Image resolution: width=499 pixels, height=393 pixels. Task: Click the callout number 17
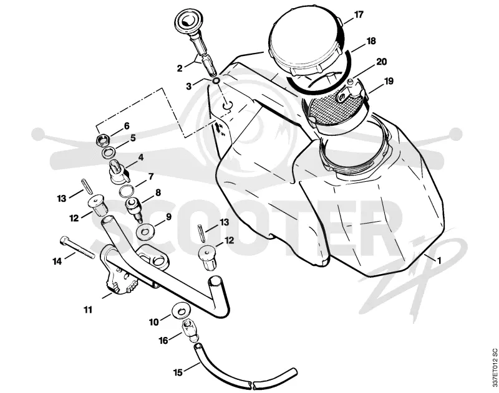coord(359,14)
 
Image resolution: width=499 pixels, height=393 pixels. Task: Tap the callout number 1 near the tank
coord(440,261)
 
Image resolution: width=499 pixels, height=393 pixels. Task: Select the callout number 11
coord(88,309)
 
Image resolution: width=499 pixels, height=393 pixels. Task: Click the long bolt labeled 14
coord(77,248)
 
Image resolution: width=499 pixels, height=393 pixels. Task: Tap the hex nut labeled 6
coord(102,138)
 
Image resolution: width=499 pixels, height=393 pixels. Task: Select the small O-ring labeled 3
coord(216,81)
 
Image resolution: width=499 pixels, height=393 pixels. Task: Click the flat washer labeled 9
coord(145,232)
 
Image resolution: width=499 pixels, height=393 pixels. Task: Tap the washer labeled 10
coord(181,310)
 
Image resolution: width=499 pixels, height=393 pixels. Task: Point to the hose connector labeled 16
coord(190,331)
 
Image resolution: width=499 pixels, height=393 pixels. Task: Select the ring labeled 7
coord(127,192)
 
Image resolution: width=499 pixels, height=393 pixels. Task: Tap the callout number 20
coord(382,62)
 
